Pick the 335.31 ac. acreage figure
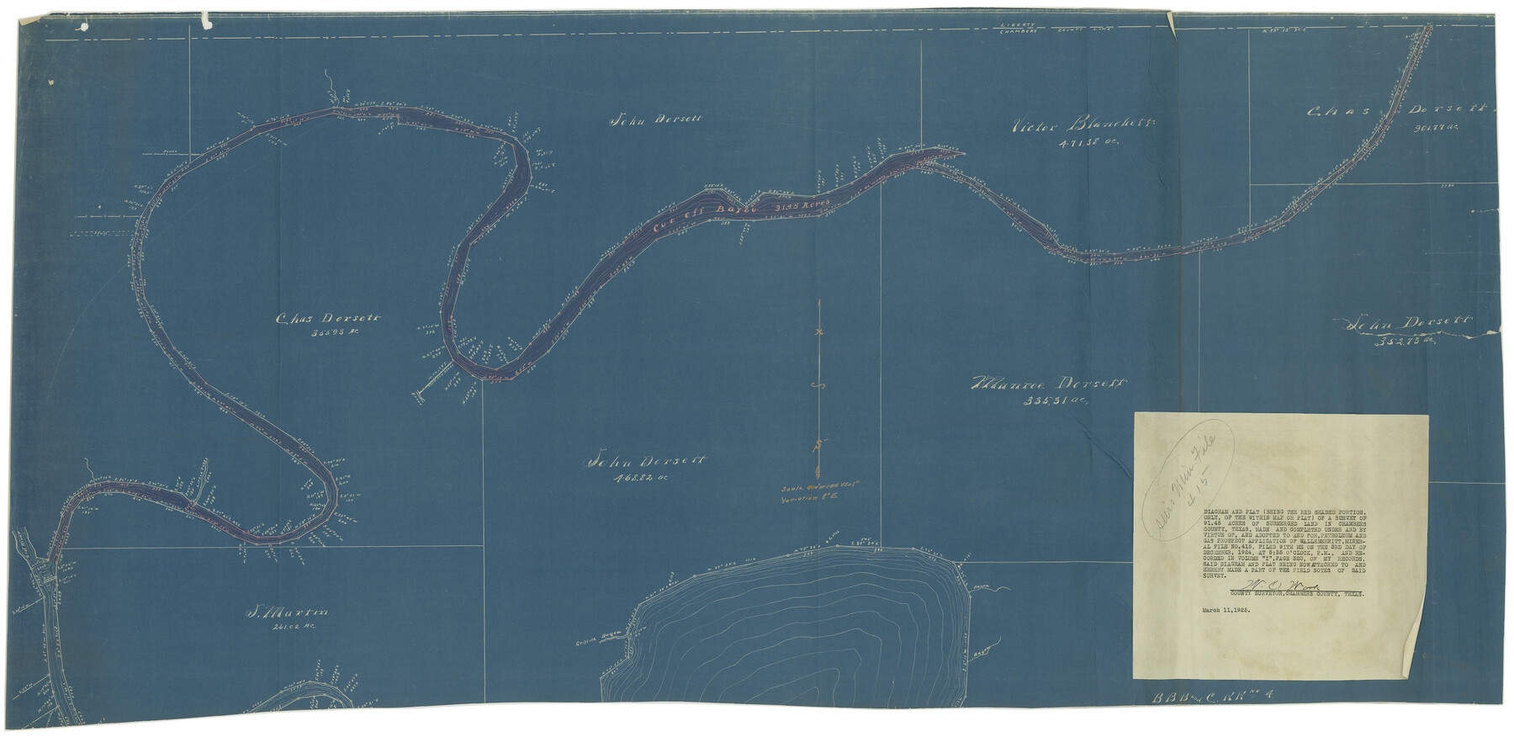1056,401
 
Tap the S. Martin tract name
286,612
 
